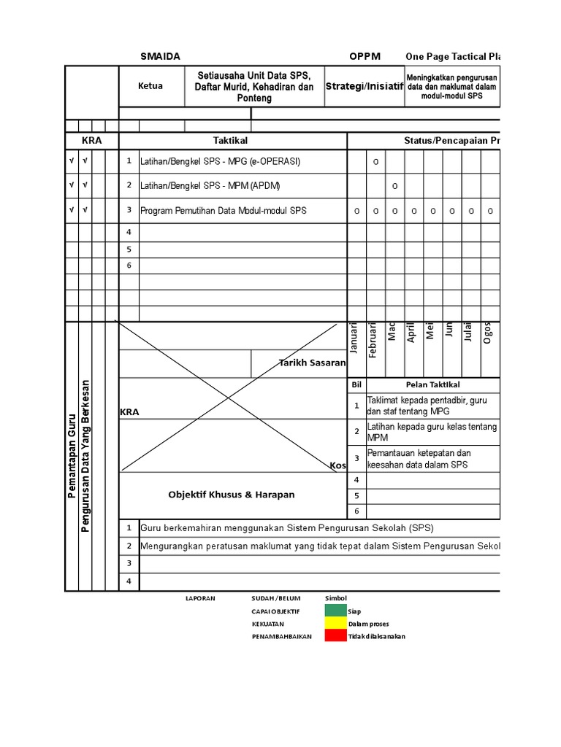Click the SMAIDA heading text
(159, 56)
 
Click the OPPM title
(365, 56)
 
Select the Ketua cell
(150, 86)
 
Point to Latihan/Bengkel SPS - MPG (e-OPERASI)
(220, 161)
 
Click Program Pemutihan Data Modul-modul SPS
(224, 210)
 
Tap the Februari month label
(373, 339)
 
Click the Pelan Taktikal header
(432, 384)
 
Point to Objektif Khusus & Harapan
(231, 495)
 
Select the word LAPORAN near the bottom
(200, 598)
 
